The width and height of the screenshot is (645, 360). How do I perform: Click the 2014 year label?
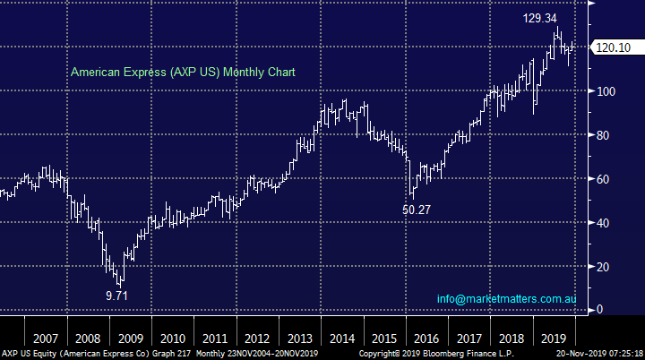pos(340,339)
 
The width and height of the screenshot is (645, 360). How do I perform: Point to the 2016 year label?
pos(426,339)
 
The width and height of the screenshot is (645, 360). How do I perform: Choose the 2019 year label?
pos(553,339)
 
